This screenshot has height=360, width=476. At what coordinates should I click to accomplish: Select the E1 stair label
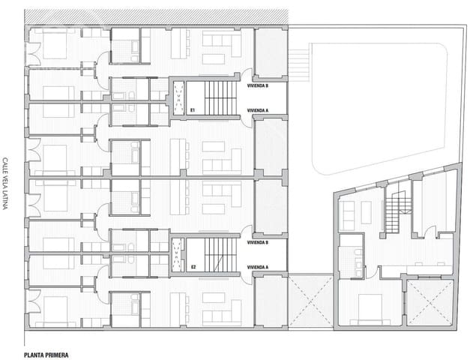pyautogui.click(x=193, y=110)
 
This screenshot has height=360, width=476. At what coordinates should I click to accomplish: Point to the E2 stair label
pyautogui.click(x=193, y=266)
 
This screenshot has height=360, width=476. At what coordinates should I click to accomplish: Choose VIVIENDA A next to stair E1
pyautogui.click(x=259, y=110)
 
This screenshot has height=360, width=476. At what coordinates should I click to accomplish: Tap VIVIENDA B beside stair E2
pyautogui.click(x=259, y=243)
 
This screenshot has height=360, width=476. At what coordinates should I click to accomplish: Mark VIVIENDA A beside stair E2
pyautogui.click(x=259, y=266)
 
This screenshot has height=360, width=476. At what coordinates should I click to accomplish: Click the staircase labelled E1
pyautogui.click(x=220, y=97)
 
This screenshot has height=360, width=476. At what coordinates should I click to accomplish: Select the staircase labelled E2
pyautogui.click(x=220, y=253)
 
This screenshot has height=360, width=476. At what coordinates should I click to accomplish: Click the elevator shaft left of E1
pyautogui.click(x=178, y=98)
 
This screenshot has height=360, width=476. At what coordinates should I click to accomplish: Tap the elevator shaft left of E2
pyautogui.click(x=178, y=254)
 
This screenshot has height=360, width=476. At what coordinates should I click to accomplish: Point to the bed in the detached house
pyautogui.click(x=372, y=307)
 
